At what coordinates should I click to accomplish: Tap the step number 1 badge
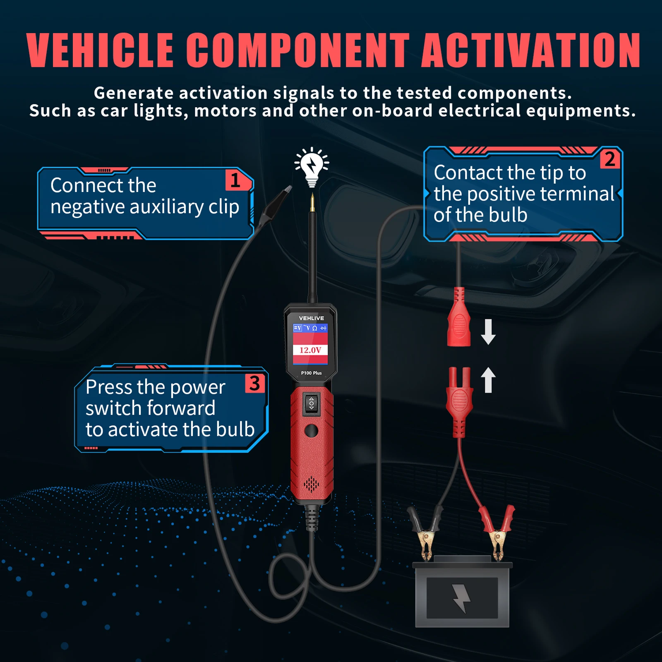235,180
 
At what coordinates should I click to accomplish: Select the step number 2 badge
609,159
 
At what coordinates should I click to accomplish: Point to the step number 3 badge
255,383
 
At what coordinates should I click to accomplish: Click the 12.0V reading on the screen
310,350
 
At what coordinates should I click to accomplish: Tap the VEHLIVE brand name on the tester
311,318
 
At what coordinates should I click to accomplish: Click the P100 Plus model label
311,373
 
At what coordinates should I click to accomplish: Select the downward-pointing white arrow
488,332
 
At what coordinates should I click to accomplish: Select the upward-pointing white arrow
488,380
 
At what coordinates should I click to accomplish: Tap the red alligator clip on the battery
499,532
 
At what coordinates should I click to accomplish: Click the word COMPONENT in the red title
298,50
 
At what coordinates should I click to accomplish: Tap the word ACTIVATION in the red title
531,50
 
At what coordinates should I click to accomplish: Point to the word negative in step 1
87,207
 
